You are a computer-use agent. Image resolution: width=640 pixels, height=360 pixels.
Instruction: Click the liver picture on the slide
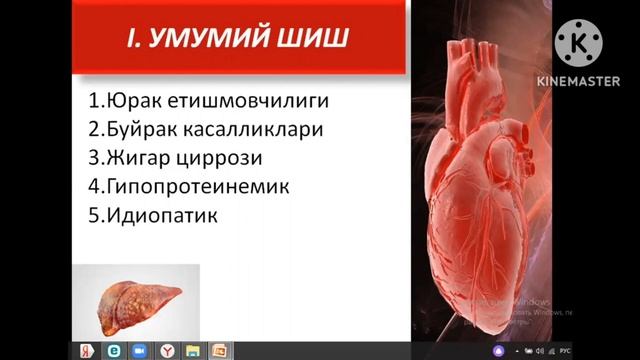coord(138,299)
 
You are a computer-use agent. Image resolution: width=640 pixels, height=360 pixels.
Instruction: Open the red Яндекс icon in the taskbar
coord(87,350)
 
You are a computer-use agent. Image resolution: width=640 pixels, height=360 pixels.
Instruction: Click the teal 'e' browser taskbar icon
coord(113,350)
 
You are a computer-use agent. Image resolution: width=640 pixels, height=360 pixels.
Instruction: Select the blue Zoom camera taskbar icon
coord(140,350)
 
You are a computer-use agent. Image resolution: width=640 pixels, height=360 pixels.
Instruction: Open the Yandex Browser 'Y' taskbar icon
coord(167,350)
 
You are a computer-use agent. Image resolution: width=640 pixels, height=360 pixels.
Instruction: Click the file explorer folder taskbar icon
coord(193,350)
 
